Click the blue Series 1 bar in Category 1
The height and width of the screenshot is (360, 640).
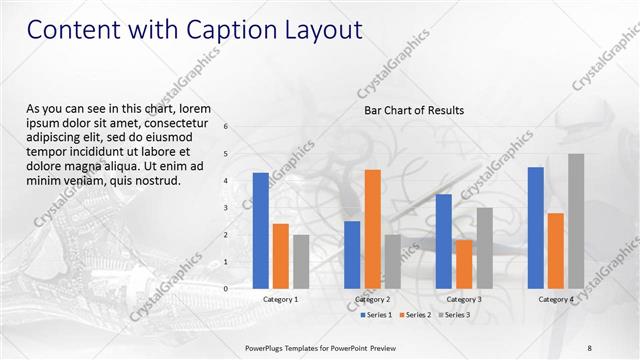click(x=261, y=231)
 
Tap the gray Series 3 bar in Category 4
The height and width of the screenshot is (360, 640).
click(x=576, y=221)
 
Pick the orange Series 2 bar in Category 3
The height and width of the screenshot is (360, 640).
click(x=464, y=264)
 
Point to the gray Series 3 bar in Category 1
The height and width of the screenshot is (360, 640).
click(x=301, y=262)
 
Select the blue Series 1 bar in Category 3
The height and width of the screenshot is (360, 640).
click(x=444, y=241)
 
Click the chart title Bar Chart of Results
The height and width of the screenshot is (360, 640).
click(x=413, y=110)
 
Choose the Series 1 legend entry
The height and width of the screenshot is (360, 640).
click(x=375, y=315)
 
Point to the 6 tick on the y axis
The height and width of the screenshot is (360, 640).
click(x=226, y=127)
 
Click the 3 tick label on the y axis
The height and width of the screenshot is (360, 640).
click(x=226, y=208)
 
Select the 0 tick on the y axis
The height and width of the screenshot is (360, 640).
click(x=226, y=289)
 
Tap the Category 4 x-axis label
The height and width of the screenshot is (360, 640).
click(x=556, y=299)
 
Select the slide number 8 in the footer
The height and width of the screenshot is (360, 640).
click(x=590, y=347)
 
